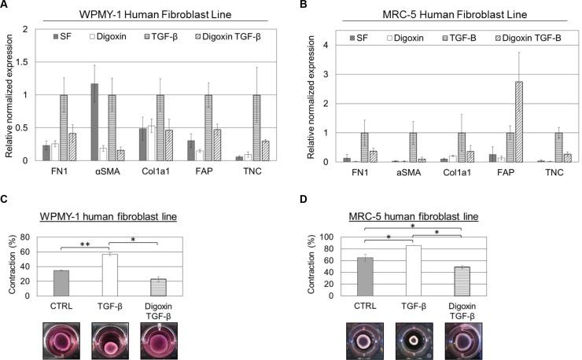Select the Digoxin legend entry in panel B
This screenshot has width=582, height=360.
tap(408, 38)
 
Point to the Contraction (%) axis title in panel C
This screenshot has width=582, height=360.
tap(13, 266)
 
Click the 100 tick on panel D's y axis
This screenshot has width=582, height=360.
tap(334, 237)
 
